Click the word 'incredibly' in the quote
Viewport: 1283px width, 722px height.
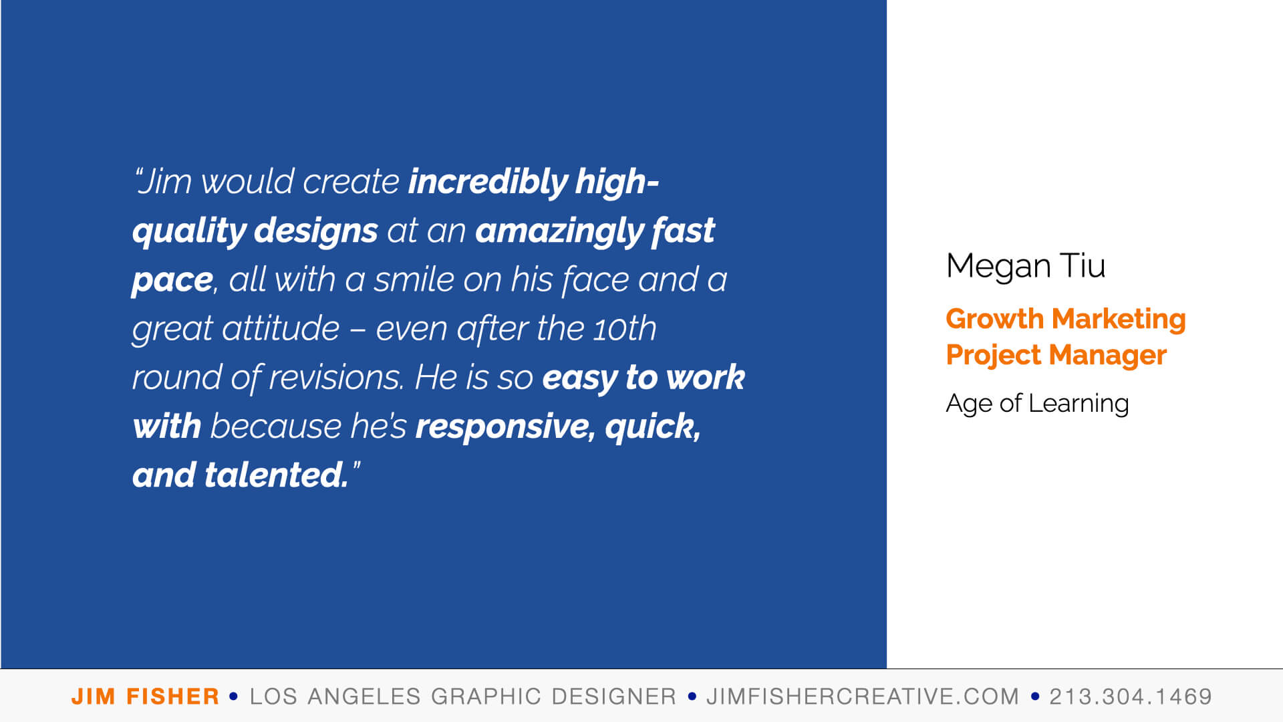[488, 182]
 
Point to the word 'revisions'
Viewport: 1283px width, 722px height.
[336, 378]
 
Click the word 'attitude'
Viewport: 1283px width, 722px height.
[281, 328]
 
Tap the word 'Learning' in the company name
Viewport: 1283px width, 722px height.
[1079, 404]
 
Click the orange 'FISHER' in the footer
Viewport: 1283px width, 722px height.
[173, 697]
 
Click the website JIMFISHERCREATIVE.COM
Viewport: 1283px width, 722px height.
[863, 697]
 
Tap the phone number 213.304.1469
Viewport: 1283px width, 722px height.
[1131, 697]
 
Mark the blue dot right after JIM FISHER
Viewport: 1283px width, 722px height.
[233, 697]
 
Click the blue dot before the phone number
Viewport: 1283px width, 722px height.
[1035, 697]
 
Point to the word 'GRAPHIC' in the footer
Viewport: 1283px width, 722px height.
[486, 697]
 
